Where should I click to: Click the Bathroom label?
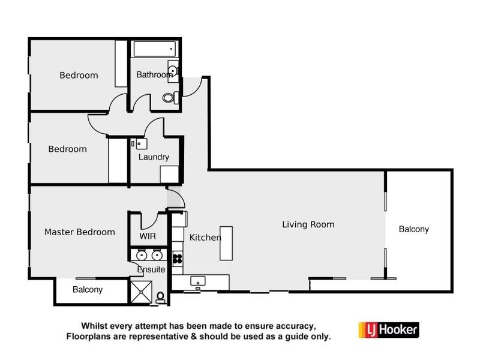[154, 75]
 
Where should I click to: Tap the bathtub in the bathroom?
[153, 49]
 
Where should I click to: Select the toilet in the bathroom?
[169, 97]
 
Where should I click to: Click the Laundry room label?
[154, 157]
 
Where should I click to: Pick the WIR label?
[148, 236]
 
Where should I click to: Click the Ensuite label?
[151, 269]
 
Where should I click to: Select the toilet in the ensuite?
[161, 296]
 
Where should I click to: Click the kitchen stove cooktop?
[178, 259]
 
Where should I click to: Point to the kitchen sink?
[198, 281]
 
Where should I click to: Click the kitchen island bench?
[226, 242]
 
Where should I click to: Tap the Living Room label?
[308, 225]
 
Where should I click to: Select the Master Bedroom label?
[80, 232]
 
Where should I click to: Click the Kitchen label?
[205, 238]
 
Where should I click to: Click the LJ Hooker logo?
[388, 329]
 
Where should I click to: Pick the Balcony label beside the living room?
[414, 229]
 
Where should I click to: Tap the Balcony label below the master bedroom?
[88, 289]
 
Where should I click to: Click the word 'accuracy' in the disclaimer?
[293, 326]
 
